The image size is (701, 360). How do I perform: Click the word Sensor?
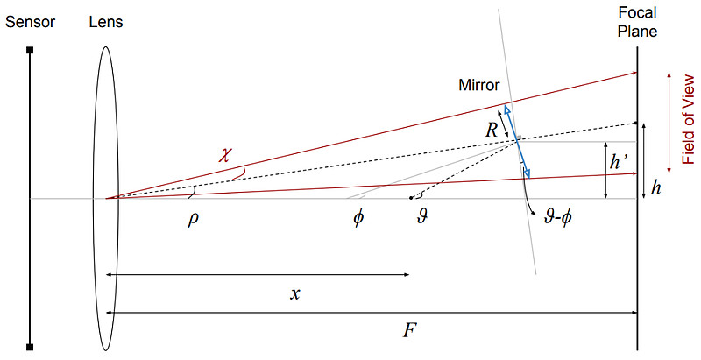click(x=30, y=22)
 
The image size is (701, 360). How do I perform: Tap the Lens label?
click(x=106, y=22)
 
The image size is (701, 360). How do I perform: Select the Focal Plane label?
click(x=638, y=22)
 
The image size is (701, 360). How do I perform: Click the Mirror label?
click(x=478, y=85)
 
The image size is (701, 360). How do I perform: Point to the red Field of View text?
click(x=689, y=120)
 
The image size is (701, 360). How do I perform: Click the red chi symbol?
click(x=224, y=154)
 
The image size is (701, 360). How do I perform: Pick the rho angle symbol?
click(x=193, y=220)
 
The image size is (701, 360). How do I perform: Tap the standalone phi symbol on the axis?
click(x=358, y=219)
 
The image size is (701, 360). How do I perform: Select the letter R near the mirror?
click(x=492, y=130)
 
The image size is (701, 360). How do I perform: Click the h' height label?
click(x=620, y=162)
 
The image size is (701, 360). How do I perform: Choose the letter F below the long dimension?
click(x=407, y=331)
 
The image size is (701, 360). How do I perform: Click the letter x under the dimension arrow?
click(x=294, y=294)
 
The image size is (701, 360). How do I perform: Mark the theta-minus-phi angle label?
click(x=558, y=219)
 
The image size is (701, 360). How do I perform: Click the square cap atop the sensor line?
click(x=30, y=51)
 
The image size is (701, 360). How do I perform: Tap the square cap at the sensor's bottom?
click(x=30, y=347)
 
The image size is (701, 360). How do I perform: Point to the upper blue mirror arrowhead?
click(x=506, y=109)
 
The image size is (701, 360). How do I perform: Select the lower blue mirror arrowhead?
click(x=528, y=173)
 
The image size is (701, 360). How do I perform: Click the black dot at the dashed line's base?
click(x=411, y=198)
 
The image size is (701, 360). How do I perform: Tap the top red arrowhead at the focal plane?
click(x=634, y=73)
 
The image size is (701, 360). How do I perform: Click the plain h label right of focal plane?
click(x=655, y=187)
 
